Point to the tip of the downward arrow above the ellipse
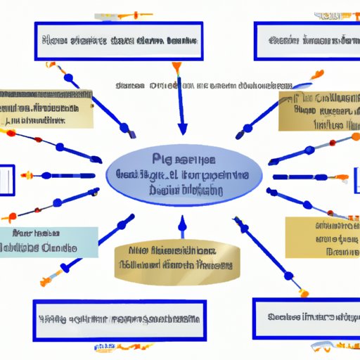point(183,131)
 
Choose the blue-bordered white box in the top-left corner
point(117,41)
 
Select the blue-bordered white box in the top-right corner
point(307,41)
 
